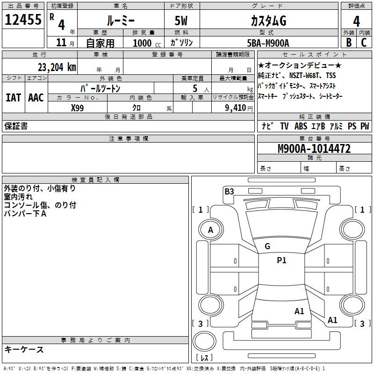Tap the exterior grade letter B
point(348,42)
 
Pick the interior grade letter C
point(364,42)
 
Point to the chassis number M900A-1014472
point(314,149)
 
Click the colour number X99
point(78,108)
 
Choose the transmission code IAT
point(13,98)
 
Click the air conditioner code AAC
point(36,98)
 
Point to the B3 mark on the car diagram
point(229,191)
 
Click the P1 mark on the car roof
point(281,261)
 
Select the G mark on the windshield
point(267,246)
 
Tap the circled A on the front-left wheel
point(211,230)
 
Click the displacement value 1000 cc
point(144,43)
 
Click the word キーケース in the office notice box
point(24,349)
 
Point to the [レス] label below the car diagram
point(204,358)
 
